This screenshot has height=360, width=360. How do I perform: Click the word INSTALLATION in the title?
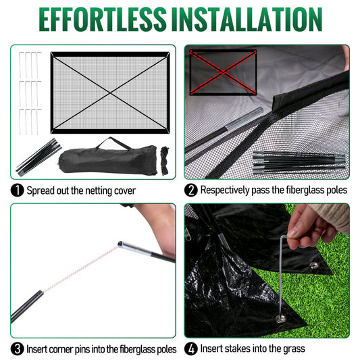pos(253,20)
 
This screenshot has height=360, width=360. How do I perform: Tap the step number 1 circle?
pos(17,190)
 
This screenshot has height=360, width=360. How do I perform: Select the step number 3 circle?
pos(17,349)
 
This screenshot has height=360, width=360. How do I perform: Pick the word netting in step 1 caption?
pos(95,190)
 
